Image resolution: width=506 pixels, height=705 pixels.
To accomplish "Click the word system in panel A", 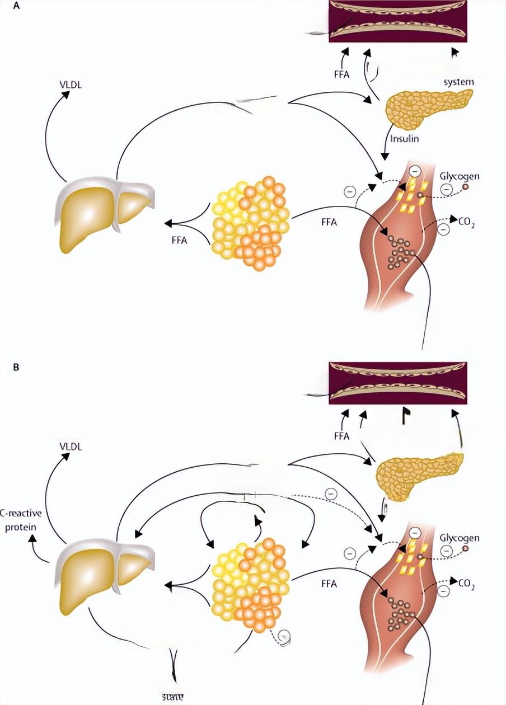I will click(x=458, y=82).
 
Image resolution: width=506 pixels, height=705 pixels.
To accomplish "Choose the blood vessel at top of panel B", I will click(x=397, y=382).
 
